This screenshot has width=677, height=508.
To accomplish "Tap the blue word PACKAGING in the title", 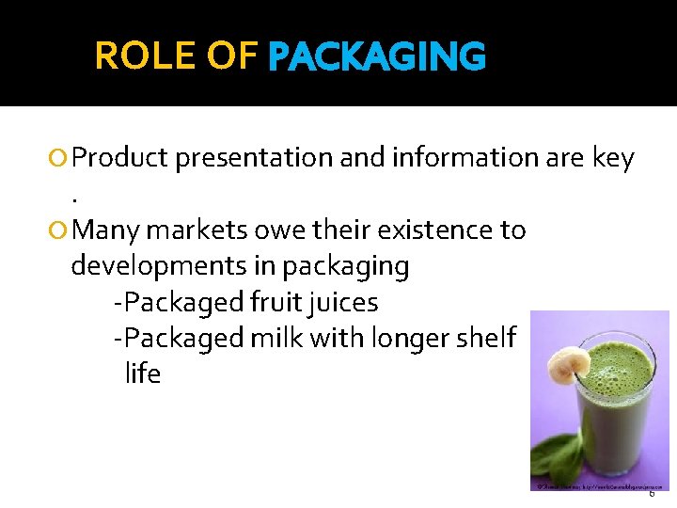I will [x=376, y=57].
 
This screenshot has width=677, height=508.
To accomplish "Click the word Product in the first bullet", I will [x=119, y=158].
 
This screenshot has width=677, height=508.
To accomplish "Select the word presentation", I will [x=254, y=158].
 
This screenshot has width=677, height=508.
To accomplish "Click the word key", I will [x=612, y=158].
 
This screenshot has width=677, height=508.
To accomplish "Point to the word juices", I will [x=347, y=303].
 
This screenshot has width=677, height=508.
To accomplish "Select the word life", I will [x=143, y=373].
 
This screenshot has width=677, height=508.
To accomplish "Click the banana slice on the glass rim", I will [x=571, y=362].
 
